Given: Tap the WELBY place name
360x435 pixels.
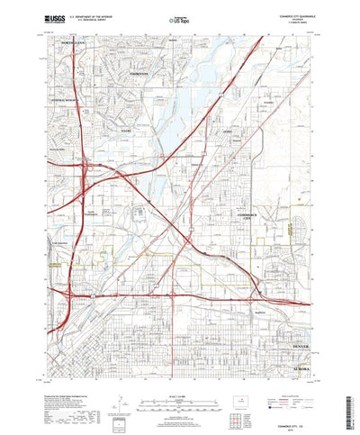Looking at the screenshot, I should pos(148,130).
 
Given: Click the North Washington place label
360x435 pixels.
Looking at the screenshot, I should pos(97,213).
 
